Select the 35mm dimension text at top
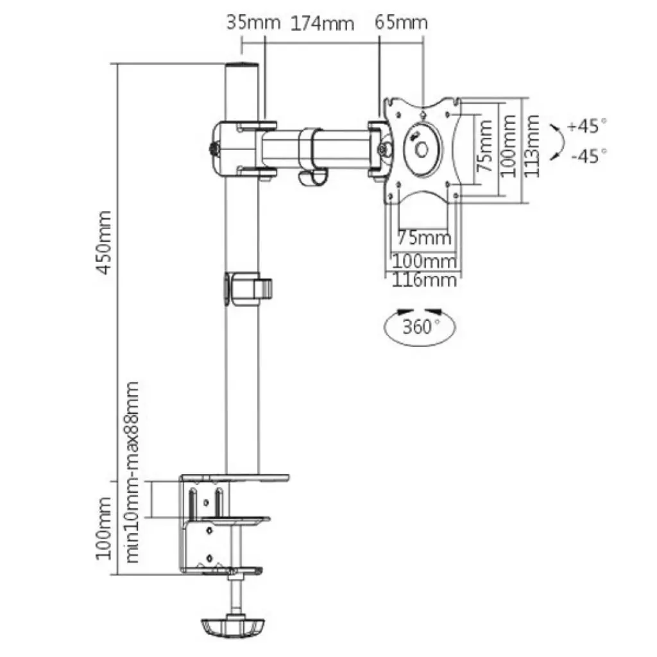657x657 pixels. (253, 22)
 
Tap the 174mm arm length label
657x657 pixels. (323, 24)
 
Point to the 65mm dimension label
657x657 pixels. (401, 22)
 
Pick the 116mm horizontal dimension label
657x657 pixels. (424, 280)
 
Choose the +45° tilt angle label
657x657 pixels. (586, 126)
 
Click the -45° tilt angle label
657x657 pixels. (586, 155)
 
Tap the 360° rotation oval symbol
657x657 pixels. (421, 327)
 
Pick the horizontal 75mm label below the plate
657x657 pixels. (423, 237)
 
